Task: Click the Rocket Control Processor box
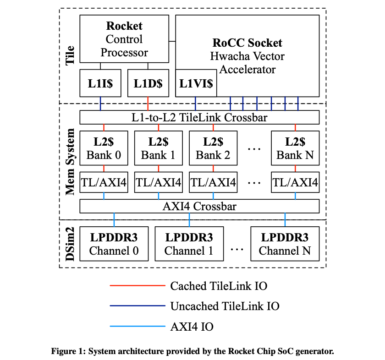click(124, 39)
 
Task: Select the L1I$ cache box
click(100, 83)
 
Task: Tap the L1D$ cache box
click(148, 83)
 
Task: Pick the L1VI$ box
click(196, 83)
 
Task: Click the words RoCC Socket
click(247, 43)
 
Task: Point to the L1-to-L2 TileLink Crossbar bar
click(199, 118)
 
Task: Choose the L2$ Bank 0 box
click(104, 148)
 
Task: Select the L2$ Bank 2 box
click(213, 148)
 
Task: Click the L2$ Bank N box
click(295, 148)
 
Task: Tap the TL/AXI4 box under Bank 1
click(159, 183)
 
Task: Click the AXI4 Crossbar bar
click(199, 206)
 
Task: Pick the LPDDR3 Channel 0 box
click(114, 244)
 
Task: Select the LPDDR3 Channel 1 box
click(189, 244)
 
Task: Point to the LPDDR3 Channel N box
click(285, 244)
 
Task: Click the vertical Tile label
click(70, 55)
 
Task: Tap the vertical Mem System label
click(70, 161)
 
